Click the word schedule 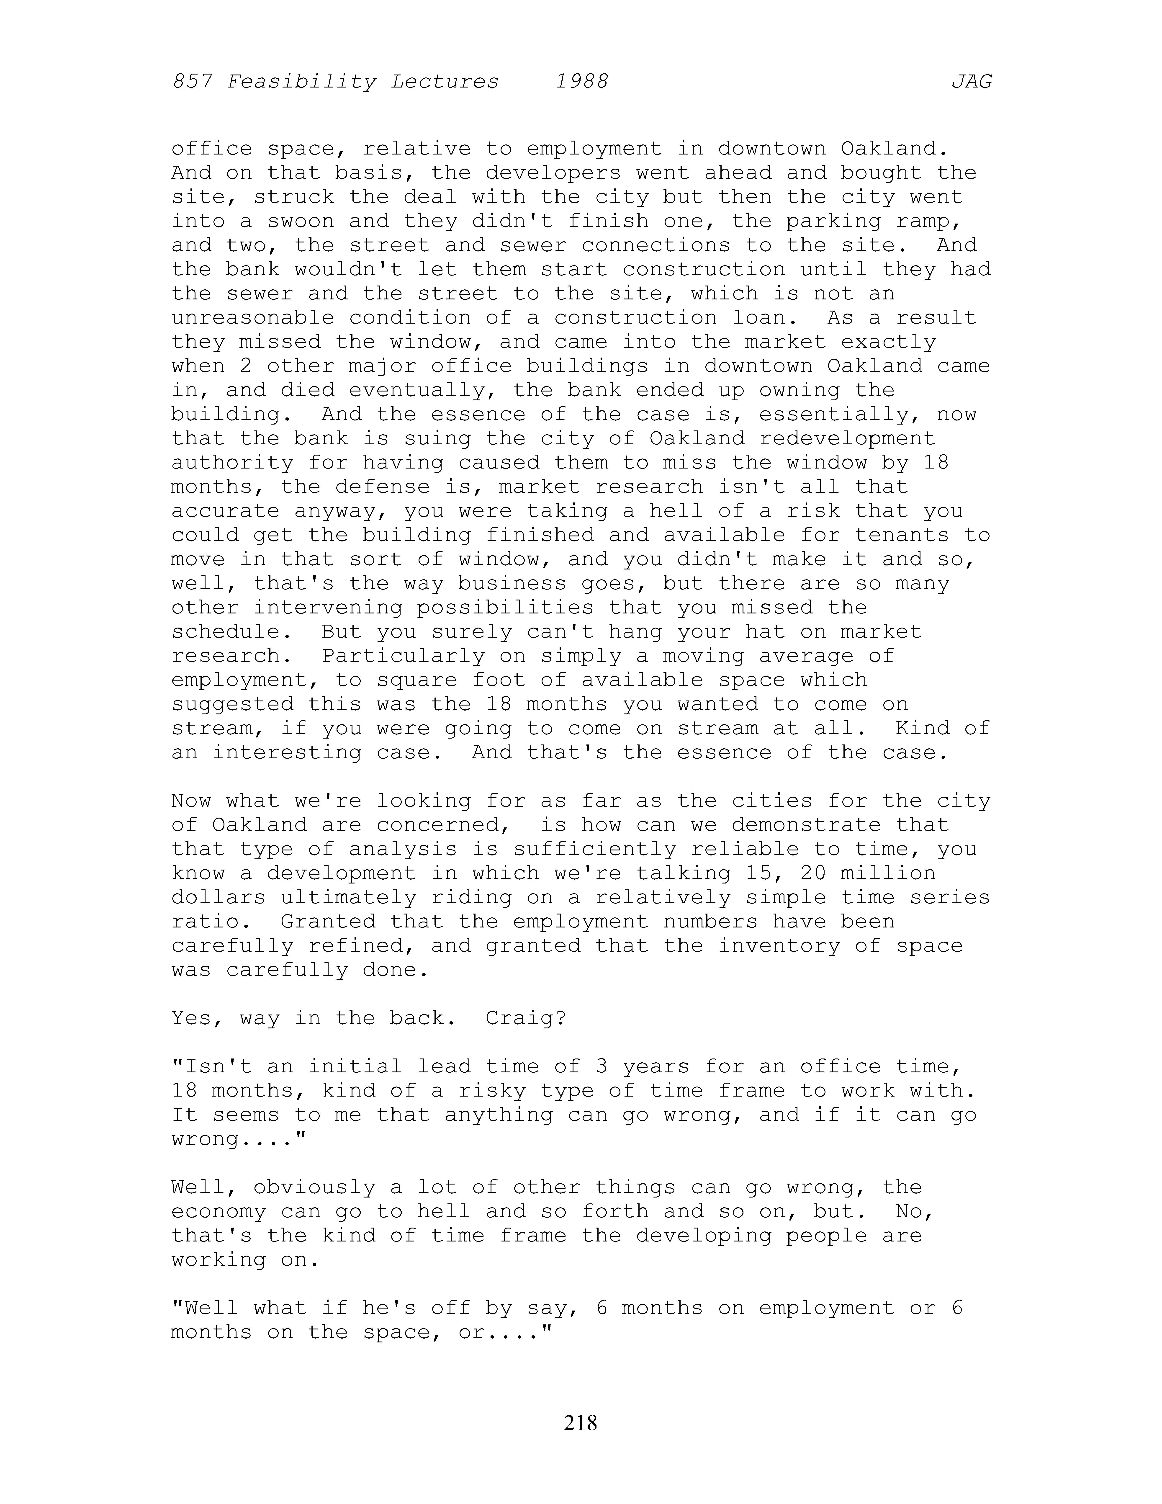coord(226,631)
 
